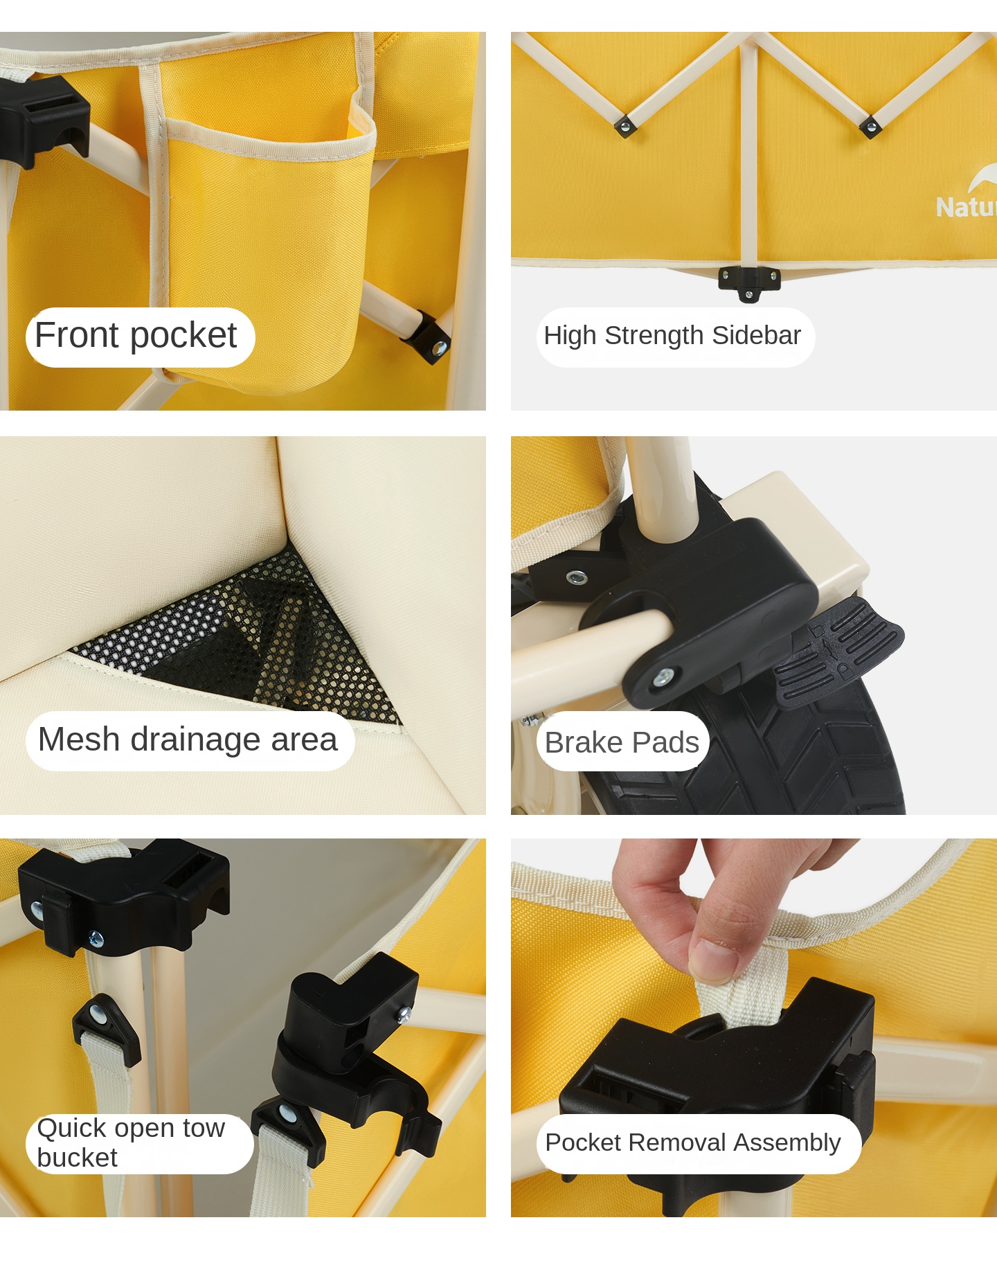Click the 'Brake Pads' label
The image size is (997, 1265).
coord(622,742)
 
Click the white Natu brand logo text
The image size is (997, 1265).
coord(966,207)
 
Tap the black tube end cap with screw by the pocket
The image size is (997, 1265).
coord(428,337)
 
